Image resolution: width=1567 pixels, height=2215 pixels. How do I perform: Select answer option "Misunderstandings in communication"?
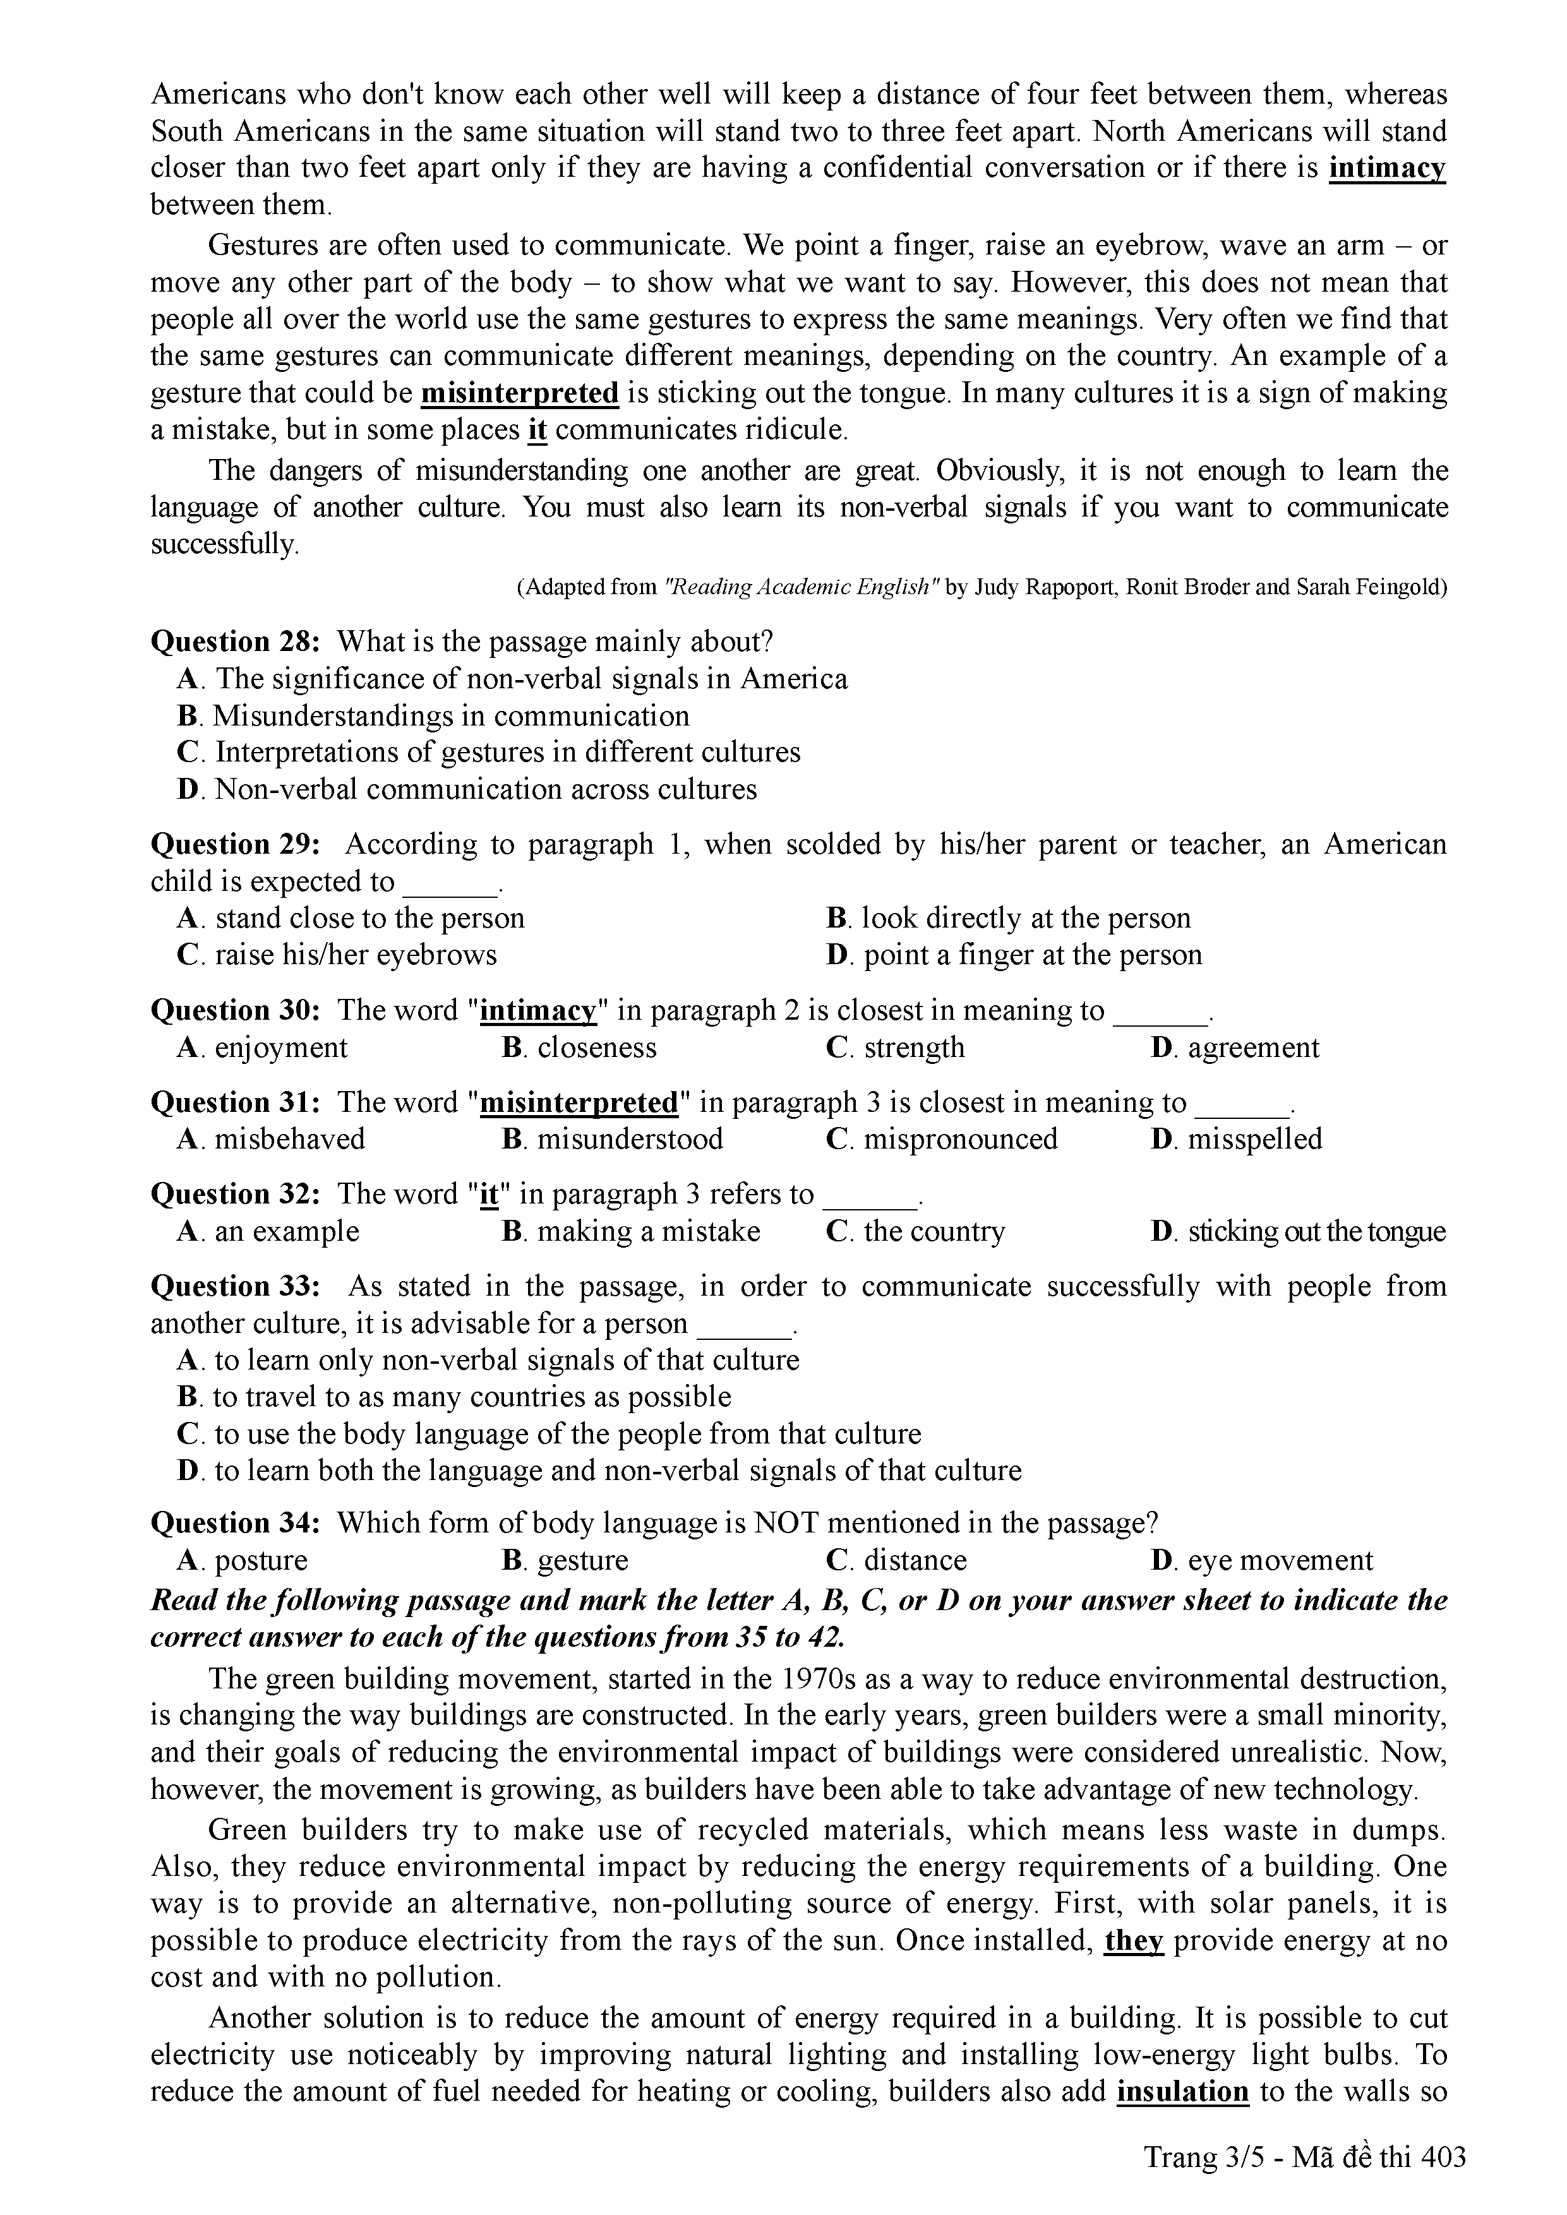click(450, 716)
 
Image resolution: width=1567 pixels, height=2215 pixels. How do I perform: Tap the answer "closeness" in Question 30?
click(596, 1048)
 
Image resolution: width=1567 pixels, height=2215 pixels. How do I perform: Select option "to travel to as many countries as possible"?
click(472, 1397)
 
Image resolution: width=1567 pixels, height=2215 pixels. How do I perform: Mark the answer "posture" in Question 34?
click(260, 1561)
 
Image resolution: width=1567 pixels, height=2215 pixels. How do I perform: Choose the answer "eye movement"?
click(1280, 1561)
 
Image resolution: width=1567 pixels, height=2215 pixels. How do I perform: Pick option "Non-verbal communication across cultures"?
click(485, 789)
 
